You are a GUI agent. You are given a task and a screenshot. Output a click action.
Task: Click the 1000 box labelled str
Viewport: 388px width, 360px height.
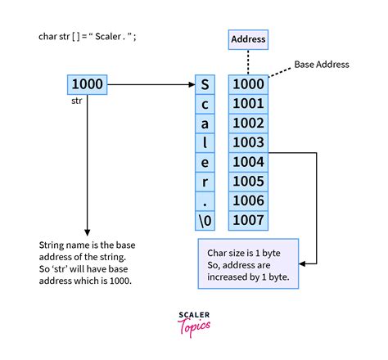86,83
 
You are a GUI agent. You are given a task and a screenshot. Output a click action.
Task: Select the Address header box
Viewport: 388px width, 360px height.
246,38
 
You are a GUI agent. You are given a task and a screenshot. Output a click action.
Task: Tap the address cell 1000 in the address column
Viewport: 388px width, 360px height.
248,83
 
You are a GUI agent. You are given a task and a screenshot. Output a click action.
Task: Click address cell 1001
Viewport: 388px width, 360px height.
248,103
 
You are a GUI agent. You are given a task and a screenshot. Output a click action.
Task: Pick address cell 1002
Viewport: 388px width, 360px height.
248,122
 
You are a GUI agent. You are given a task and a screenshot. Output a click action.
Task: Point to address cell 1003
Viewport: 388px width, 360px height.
248,142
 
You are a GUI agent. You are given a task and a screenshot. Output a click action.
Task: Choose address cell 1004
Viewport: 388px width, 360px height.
248,161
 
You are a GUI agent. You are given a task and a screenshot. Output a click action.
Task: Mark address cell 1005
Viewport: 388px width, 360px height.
248,180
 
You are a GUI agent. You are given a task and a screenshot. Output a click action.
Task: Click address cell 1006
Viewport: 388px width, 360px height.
248,200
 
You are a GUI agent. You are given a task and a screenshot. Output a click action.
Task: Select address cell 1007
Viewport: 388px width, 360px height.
248,219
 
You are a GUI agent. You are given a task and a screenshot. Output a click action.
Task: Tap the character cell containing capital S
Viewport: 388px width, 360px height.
205,83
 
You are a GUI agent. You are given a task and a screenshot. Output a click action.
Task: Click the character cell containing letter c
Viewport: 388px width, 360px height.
205,103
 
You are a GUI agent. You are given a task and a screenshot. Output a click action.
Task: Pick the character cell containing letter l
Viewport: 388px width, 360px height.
205,142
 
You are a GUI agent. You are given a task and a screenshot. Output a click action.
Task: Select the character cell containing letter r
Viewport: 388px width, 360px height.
205,180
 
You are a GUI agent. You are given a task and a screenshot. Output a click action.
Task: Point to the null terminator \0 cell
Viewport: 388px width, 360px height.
205,219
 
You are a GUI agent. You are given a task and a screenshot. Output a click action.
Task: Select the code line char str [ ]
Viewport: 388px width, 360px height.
89,36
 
